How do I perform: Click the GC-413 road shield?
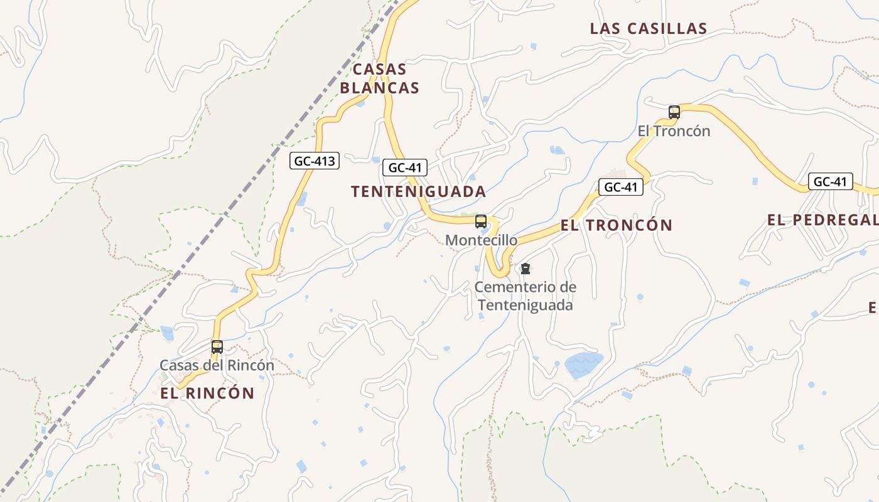pos(315,161)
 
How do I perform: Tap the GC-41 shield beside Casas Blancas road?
pos(405,168)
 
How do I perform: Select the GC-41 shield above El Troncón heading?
pos(621,187)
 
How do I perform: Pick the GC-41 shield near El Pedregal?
pos(830,182)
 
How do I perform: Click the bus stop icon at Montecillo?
pos(481,222)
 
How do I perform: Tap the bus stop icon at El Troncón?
pos(674,112)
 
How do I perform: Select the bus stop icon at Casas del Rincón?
pos(217,346)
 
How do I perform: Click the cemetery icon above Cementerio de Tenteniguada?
pos(526,269)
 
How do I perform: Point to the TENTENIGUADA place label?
pos(418,192)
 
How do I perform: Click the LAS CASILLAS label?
pos(649,29)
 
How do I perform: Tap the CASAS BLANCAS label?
pos(379,78)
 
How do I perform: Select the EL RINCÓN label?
pos(207,393)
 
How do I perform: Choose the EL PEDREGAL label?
pos(822,220)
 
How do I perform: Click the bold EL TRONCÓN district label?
pos(616,225)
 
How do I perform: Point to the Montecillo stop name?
pos(482,240)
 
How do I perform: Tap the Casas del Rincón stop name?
pos(217,365)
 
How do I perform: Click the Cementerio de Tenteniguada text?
pos(526,296)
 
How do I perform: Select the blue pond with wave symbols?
pos(583,363)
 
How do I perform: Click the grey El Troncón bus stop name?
pos(674,131)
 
